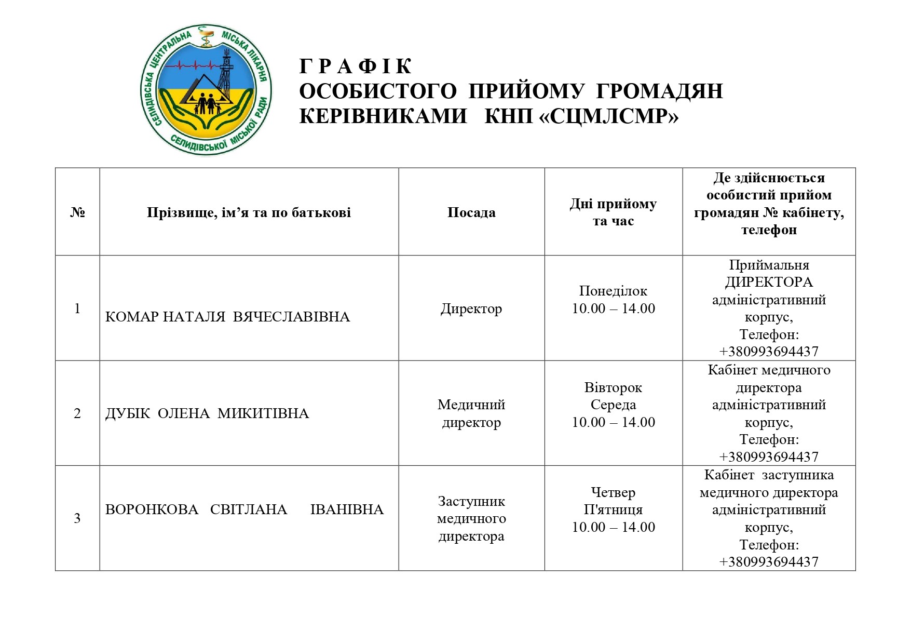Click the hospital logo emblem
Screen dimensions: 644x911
point(206,89)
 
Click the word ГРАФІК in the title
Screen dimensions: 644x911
point(356,66)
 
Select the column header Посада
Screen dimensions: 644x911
point(471,212)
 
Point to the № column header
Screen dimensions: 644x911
point(77,212)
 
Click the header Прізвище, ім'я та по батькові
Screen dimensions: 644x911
point(249,212)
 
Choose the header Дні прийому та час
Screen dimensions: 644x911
point(613,212)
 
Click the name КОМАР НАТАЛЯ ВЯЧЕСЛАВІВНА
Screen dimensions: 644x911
point(227,317)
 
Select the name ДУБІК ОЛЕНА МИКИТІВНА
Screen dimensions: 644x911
point(207,413)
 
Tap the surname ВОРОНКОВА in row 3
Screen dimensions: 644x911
point(152,509)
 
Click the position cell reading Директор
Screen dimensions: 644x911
point(471,309)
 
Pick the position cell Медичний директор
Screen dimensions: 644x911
point(471,413)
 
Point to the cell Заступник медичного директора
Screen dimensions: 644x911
point(471,518)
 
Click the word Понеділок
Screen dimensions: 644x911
point(613,291)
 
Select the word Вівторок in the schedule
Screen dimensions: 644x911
point(613,387)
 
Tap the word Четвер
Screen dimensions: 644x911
point(613,492)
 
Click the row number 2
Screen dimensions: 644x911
point(77,414)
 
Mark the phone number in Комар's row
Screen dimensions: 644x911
point(769,352)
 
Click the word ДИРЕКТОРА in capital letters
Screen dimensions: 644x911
point(769,282)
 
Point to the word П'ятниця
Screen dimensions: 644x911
point(613,509)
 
